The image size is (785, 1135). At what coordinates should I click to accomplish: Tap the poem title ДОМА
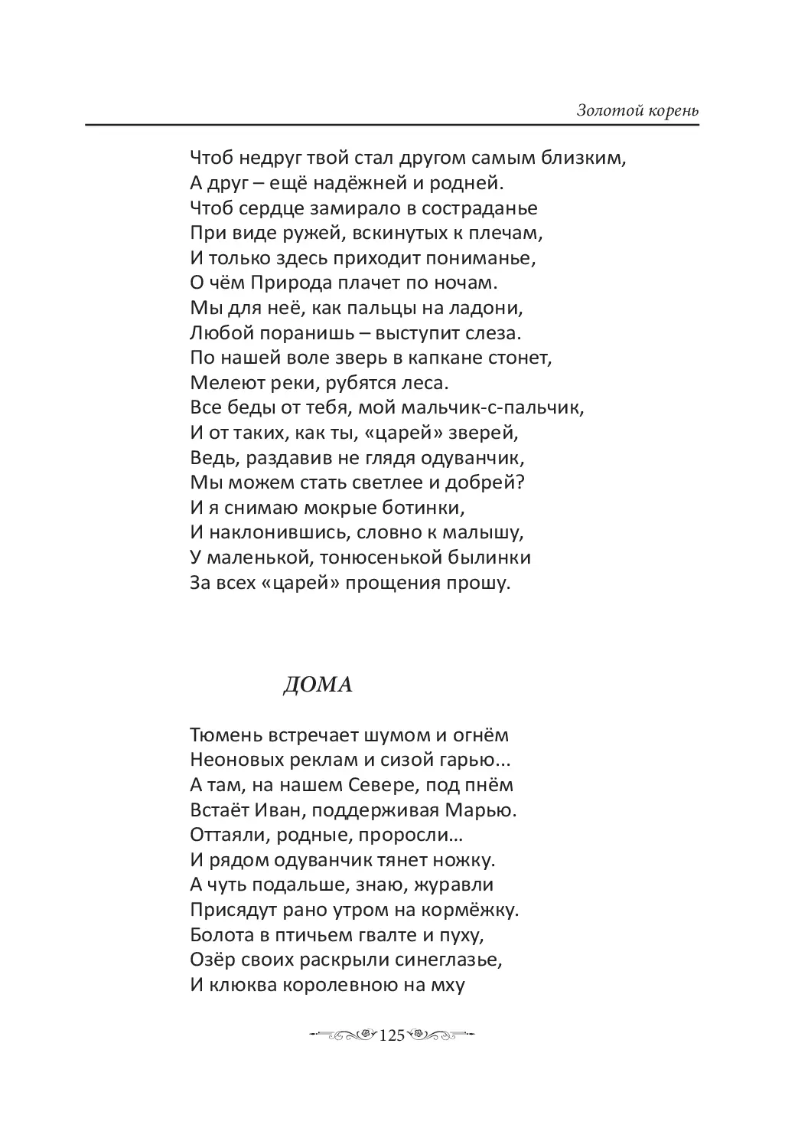click(318, 685)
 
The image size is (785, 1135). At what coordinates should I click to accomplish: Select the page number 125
click(391, 1035)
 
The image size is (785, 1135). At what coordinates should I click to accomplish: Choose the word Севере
click(383, 785)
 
